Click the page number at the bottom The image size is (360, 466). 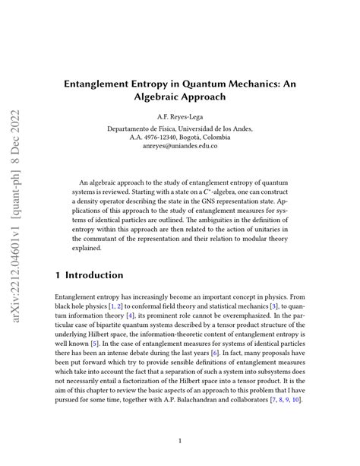coord(180,439)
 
